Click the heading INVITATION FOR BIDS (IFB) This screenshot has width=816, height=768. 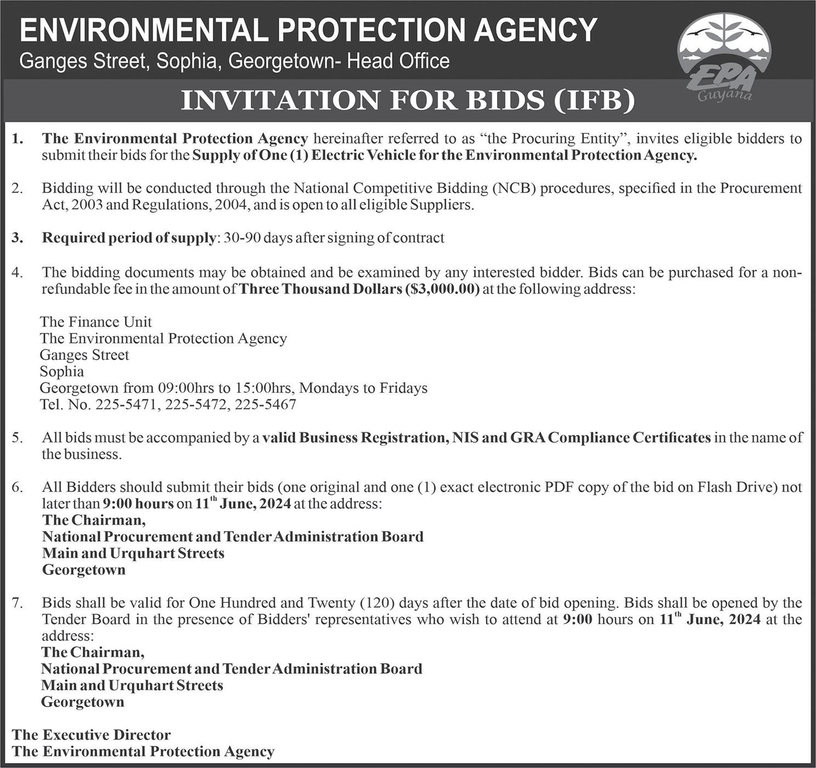coord(408,101)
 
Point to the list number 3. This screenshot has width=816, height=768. coord(18,238)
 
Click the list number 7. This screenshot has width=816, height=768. coord(18,603)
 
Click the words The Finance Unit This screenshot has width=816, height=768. coord(96,321)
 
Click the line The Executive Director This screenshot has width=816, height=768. coord(91,735)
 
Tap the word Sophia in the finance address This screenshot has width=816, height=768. coord(62,371)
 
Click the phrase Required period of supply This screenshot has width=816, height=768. coord(129,238)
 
